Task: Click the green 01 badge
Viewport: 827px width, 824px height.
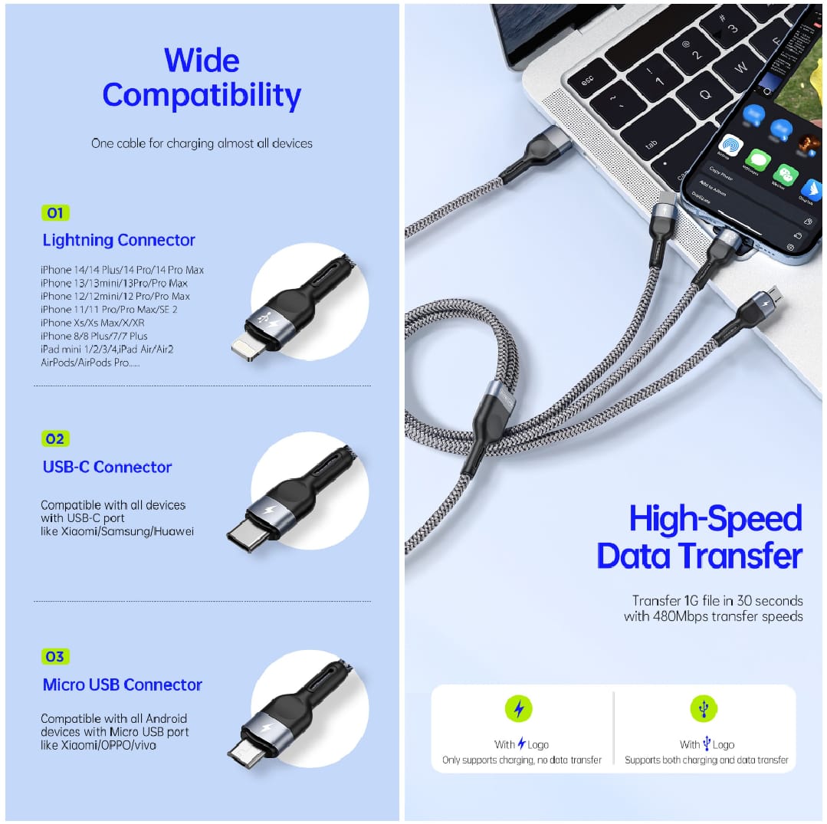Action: [55, 213]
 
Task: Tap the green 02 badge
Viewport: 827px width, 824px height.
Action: [55, 439]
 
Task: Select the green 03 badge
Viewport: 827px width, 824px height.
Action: [55, 657]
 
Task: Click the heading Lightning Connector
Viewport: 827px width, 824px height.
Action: [119, 241]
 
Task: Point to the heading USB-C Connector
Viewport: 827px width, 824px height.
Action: [107, 467]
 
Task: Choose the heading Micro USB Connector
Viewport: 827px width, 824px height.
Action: [123, 685]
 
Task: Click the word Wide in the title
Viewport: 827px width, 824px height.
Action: [202, 61]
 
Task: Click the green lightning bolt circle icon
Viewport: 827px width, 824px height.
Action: [518, 709]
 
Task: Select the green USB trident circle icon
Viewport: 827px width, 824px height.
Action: [704, 709]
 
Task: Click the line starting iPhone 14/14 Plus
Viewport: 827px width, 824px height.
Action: [123, 270]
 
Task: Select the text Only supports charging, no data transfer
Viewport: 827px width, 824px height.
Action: [521, 760]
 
